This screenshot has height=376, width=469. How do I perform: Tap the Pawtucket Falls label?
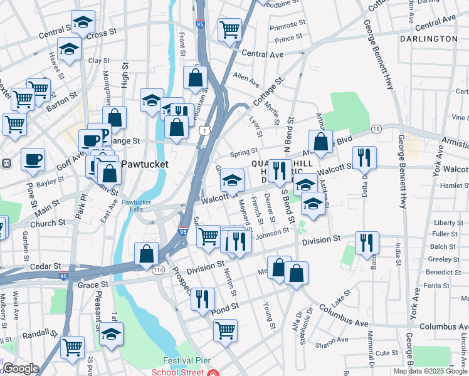tap(137, 206)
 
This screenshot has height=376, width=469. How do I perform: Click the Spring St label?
tap(245, 152)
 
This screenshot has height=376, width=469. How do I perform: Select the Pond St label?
tap(226, 307)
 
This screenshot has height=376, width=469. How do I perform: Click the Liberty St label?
tap(448, 222)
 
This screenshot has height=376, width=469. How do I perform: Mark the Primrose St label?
tap(287, 28)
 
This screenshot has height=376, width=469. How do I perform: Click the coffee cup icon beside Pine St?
tap(33, 159)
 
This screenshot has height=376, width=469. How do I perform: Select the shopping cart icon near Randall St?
tap(72, 346)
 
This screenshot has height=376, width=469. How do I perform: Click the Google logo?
tap(21, 368)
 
